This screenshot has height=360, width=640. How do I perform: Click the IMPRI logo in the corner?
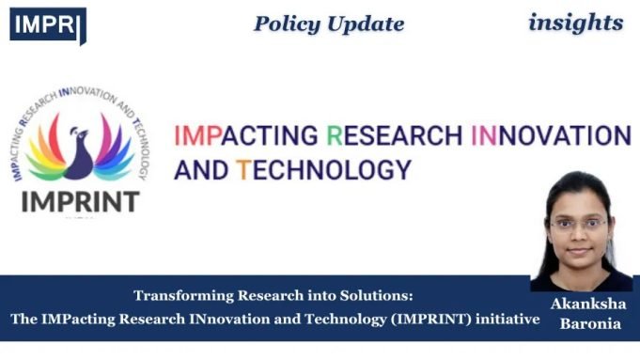tap(47, 23)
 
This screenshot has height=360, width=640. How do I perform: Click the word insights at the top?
tap(575, 22)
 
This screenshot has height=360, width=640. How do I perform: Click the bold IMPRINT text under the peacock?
tap(82, 200)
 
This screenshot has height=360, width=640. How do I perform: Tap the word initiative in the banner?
tap(512, 319)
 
